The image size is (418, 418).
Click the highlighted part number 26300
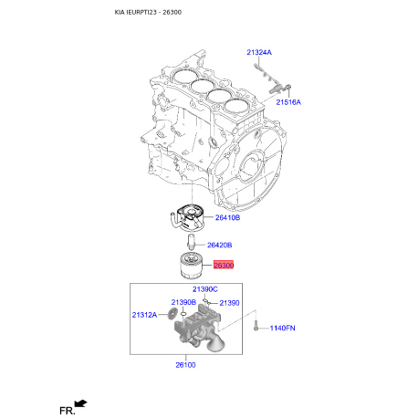(224, 266)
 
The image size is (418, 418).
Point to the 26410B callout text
(227, 218)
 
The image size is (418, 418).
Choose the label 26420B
(219, 245)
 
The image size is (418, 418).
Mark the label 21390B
(183, 302)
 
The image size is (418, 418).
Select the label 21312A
(144, 315)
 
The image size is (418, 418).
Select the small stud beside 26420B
(191, 244)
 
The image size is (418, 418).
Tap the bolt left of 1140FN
(258, 326)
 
